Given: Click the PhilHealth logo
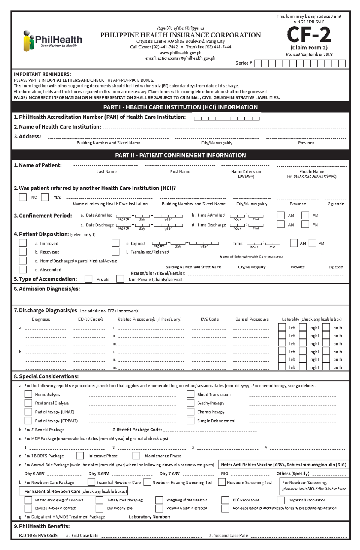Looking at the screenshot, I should tap(53, 41).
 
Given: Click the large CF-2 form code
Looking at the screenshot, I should tap(309, 35).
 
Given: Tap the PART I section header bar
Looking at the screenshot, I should tap(180, 107).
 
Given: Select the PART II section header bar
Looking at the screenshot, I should tap(180, 155).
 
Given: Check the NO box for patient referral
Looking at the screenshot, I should tap(23, 197).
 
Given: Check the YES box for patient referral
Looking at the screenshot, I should tap(45, 197).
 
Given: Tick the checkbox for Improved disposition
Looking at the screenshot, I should tap(23, 243).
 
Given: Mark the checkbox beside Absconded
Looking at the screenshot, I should tap(23, 269).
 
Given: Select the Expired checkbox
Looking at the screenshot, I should tap(115, 243).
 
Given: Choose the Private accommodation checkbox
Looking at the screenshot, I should tap(88, 279).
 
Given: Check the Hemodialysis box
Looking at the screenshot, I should tap(28, 394).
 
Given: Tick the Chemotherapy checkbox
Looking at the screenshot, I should tap(190, 412).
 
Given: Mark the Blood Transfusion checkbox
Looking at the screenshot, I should tap(190, 394).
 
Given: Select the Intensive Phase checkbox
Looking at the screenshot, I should tap(80, 456).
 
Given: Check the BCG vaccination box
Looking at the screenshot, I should tap(225, 500).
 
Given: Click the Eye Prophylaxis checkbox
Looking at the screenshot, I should tap(100, 508).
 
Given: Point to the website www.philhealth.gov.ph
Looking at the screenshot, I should tap(180, 53).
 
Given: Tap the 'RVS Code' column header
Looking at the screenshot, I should tap(210, 319).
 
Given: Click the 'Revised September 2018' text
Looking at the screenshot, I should tap(309, 55).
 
